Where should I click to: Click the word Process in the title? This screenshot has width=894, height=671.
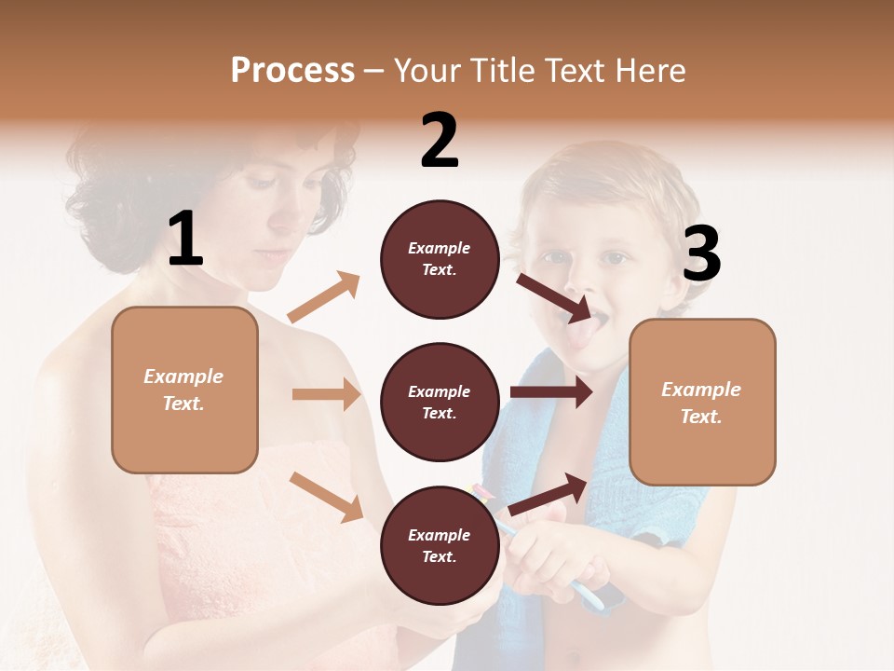click(x=292, y=70)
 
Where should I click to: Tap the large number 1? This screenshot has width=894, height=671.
click(x=186, y=240)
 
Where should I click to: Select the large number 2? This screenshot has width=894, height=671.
click(x=440, y=141)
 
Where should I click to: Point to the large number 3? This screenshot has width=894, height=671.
click(x=701, y=254)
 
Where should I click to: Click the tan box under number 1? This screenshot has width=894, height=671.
click(x=184, y=390)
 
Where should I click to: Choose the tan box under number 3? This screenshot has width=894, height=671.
click(x=702, y=402)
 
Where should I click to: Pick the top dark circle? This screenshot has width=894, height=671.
click(x=440, y=259)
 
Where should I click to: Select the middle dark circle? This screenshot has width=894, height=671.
click(x=440, y=402)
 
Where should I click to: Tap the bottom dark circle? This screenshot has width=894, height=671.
click(x=440, y=545)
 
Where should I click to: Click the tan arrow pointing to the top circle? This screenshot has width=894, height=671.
click(x=324, y=297)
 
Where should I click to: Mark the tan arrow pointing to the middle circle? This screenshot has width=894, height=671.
click(x=326, y=394)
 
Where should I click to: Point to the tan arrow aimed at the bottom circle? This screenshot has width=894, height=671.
click(x=326, y=497)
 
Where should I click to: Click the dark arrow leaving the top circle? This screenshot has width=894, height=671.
click(x=555, y=296)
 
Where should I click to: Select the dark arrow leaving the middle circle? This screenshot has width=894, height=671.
click(x=550, y=391)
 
